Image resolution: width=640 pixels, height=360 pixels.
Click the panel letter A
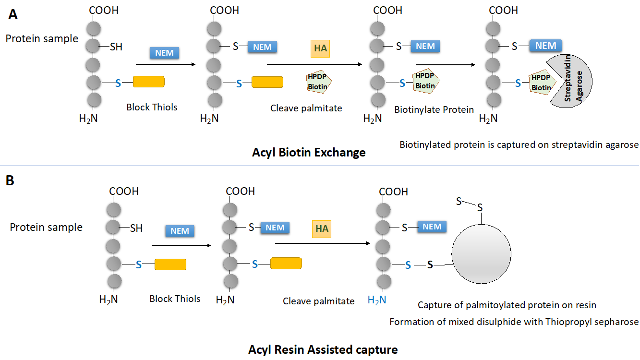[13, 14]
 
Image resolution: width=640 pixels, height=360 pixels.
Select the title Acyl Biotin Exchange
[309, 153]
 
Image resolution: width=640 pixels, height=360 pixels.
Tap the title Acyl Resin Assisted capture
[323, 349]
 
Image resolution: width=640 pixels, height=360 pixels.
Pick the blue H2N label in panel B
[377, 300]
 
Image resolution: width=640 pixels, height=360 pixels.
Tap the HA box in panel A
[320, 48]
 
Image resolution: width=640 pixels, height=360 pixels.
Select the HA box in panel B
[322, 229]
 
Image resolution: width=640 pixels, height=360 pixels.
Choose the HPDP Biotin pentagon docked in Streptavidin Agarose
[541, 84]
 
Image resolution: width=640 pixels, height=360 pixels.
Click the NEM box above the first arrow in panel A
[165, 53]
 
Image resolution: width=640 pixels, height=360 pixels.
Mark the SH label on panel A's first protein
[116, 47]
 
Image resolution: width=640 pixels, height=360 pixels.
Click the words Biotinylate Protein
[434, 109]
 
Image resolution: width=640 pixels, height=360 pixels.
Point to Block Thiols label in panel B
[175, 299]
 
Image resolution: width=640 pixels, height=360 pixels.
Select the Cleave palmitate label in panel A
[306, 108]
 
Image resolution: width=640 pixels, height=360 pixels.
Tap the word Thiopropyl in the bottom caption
[568, 322]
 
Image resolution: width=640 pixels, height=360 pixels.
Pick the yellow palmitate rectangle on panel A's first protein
[148, 82]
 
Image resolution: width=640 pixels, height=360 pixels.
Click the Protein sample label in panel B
[46, 227]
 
